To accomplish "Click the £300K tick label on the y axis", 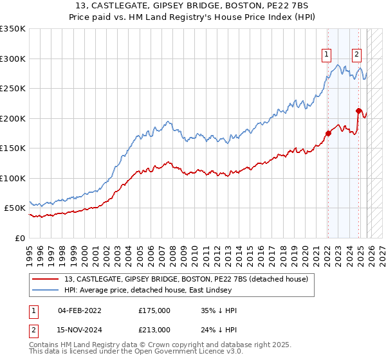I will tap(13, 59).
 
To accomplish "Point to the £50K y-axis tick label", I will tap(15, 208).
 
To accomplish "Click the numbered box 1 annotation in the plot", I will tap(327, 55).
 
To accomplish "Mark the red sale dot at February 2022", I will tap(328, 134).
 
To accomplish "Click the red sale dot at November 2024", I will tap(358, 111).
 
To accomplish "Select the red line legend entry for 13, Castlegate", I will tap(187, 279).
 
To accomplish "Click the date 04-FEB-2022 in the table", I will tap(80, 310).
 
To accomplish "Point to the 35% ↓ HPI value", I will tap(219, 310).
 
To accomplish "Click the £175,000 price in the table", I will tap(154, 310).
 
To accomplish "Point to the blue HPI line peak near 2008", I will tap(167, 122).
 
